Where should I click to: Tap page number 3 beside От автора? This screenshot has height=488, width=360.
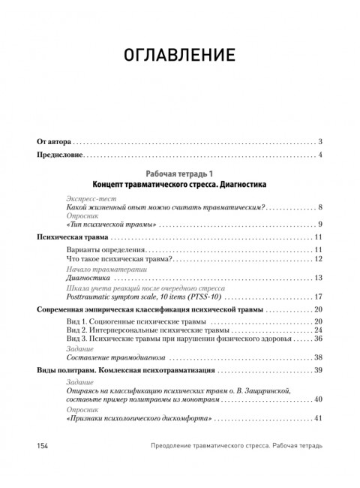[320, 142]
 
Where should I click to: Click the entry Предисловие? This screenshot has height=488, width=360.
[61, 155]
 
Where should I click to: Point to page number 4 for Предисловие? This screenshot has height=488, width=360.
[320, 155]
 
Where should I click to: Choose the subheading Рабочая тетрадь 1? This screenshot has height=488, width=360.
[180, 173]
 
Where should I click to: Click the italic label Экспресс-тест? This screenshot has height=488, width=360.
[88, 197]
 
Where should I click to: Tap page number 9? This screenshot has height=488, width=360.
[320, 224]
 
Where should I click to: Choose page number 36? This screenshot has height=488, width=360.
[318, 339]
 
